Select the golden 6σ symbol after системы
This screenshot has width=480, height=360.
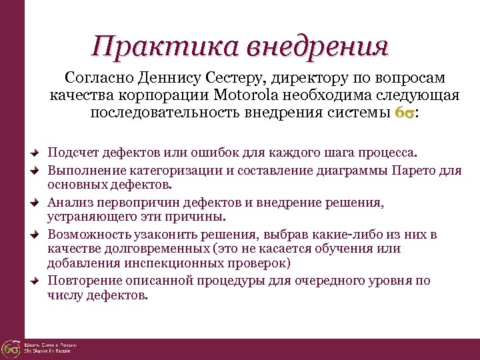[404, 113]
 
